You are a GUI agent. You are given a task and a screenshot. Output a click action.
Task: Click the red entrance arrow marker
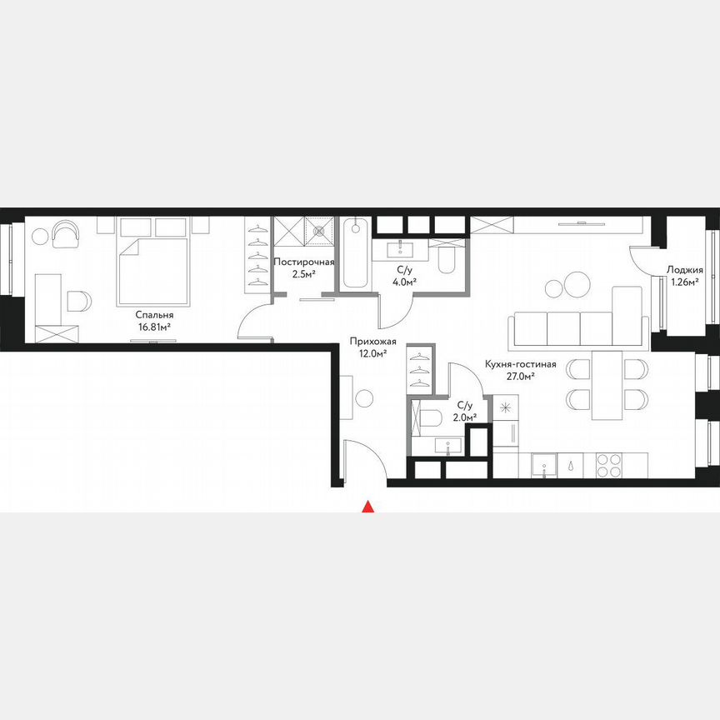[366, 505]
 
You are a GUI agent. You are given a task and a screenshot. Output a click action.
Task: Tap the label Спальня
[154, 315]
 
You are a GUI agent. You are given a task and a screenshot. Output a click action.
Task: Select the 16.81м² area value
[154, 327]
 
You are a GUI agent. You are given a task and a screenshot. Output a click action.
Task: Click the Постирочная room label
[304, 262]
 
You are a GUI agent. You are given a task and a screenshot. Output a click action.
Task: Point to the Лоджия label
[685, 270]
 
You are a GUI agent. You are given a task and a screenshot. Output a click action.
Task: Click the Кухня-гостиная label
[520, 364]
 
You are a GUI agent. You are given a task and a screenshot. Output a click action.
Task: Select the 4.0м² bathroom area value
[405, 282]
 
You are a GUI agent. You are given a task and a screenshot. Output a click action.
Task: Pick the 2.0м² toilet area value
[463, 418]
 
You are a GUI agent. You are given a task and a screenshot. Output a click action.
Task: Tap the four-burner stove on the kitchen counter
[609, 464]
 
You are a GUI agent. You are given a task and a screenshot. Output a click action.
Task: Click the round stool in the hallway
[363, 399]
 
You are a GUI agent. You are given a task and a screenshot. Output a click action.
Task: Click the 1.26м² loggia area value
[685, 282]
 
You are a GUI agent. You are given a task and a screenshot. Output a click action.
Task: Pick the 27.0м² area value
[520, 376]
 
